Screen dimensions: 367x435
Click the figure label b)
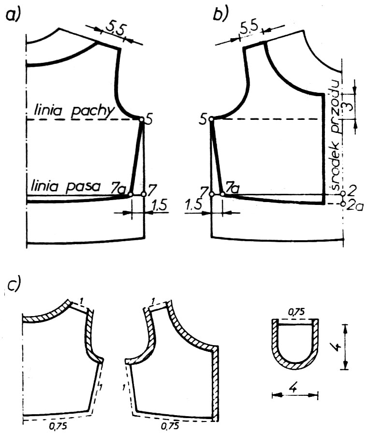tap(220, 14)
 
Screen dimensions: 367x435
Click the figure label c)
tap(14, 286)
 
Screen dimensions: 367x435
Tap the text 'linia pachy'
tap(73, 111)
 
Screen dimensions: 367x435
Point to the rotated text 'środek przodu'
tap(336, 135)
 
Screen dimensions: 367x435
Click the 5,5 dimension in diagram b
tap(249, 28)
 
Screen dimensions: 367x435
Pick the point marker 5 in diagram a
tap(142, 119)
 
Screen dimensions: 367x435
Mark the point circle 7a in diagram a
tap(131, 194)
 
